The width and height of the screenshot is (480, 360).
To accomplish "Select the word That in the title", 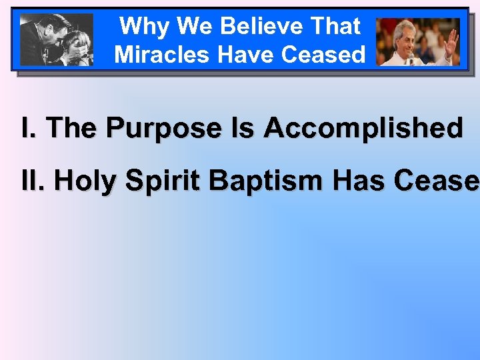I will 334,27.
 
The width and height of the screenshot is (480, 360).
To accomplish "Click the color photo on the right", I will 418,41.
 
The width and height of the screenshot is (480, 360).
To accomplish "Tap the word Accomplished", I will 363,128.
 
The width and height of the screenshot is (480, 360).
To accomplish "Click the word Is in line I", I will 243,128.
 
